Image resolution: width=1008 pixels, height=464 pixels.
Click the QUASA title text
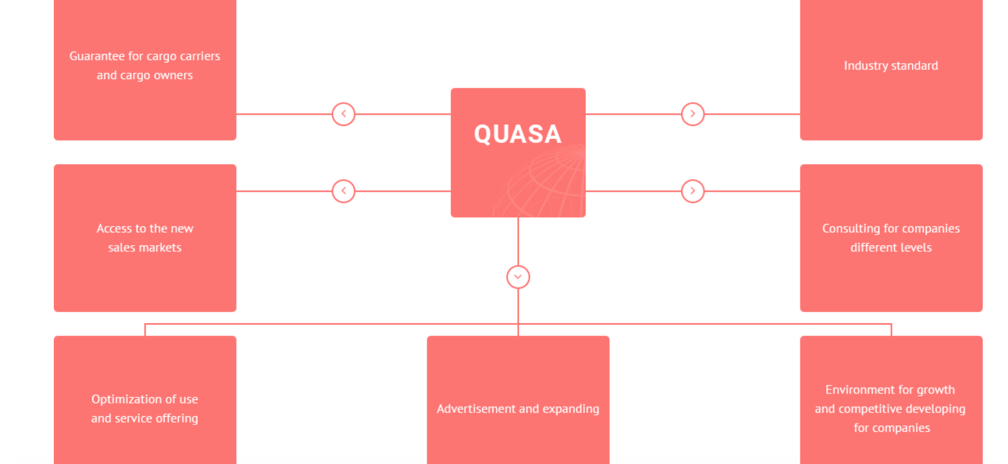[517, 134]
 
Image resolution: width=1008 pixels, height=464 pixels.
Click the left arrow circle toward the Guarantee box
[343, 114]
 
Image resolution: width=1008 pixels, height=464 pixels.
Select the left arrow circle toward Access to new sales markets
[343, 191]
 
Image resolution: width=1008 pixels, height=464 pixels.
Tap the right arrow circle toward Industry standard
[693, 114]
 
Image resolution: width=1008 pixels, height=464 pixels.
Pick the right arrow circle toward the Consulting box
[693, 191]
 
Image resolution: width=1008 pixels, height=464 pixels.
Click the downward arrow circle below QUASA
[518, 277]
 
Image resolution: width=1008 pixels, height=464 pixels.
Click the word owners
[173, 75]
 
